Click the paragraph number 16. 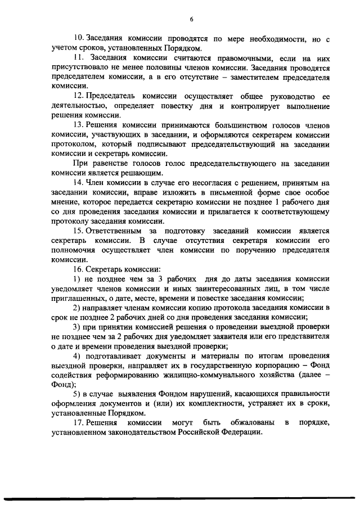click(78, 269)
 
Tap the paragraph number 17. click(78, 422)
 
